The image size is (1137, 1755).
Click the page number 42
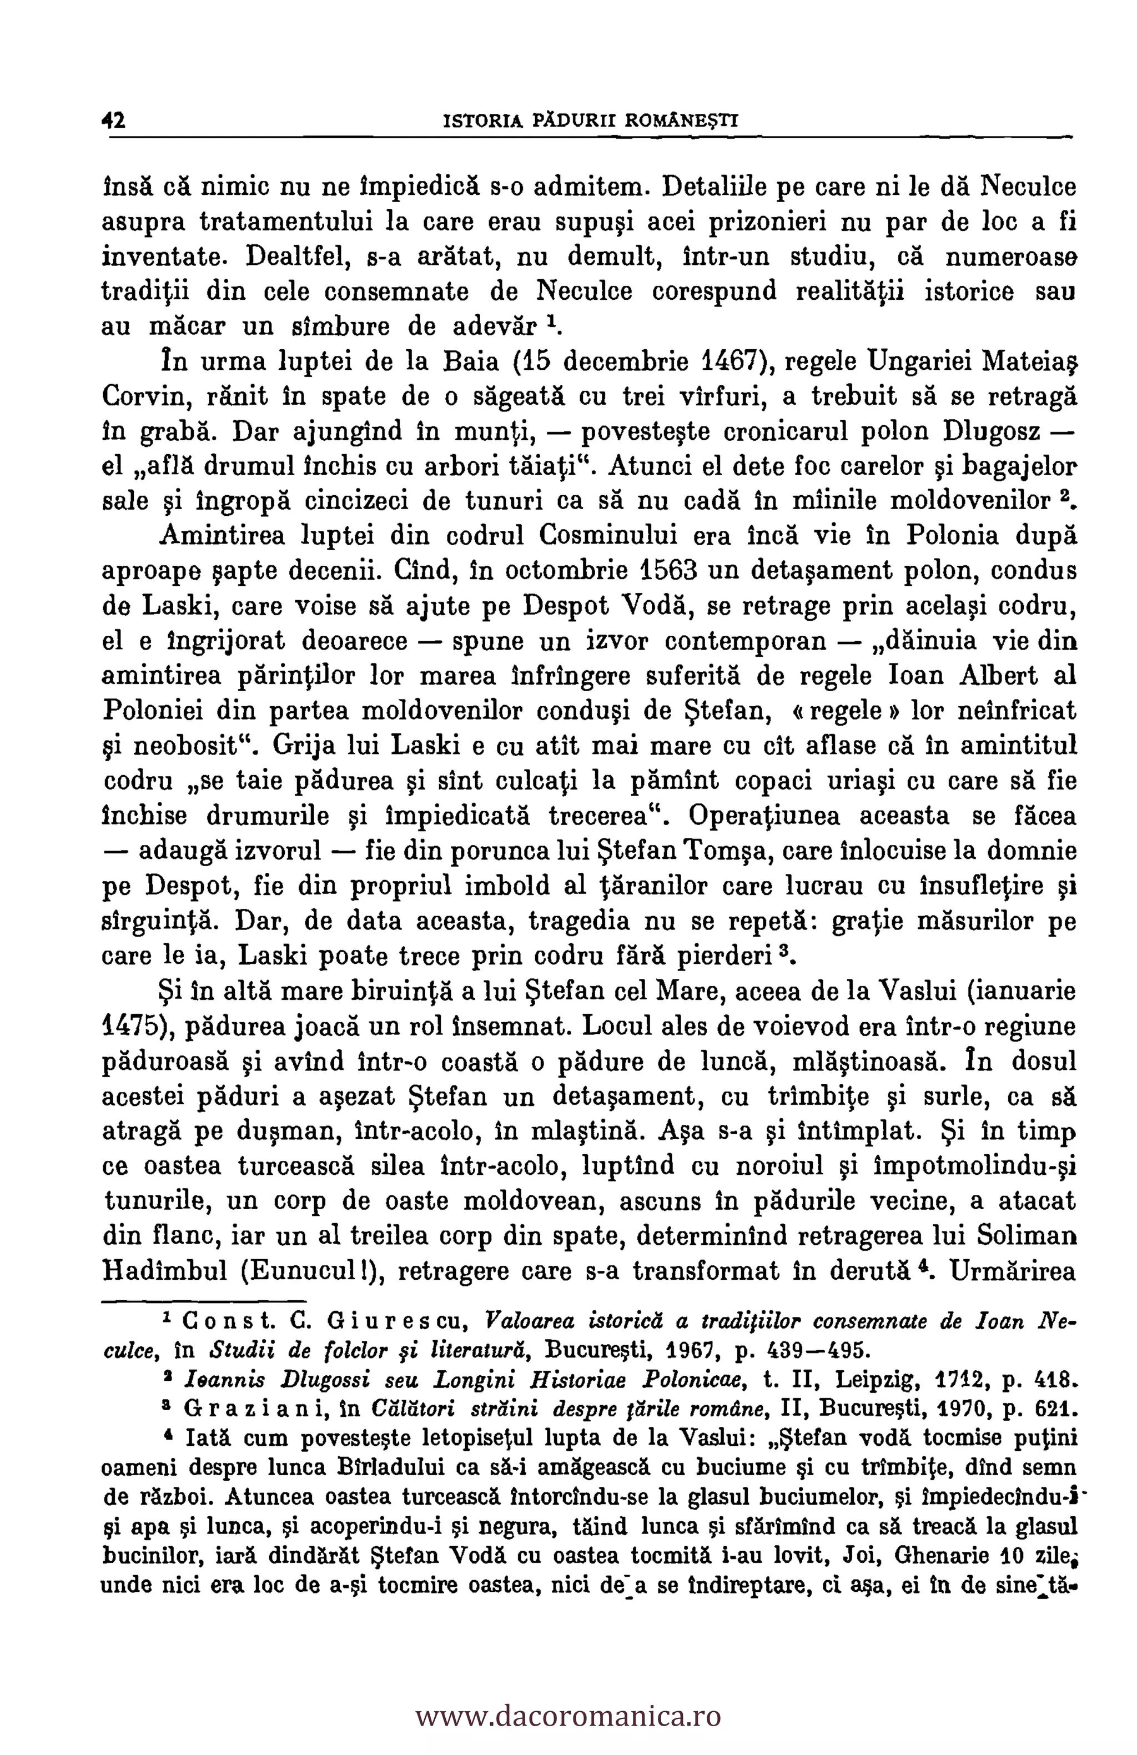(x=114, y=120)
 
